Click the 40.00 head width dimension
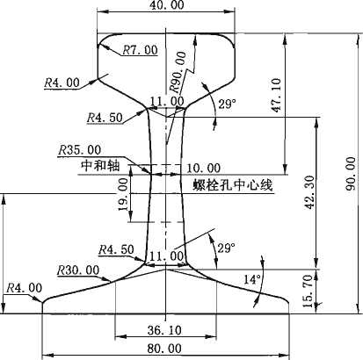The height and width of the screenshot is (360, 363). (167, 5)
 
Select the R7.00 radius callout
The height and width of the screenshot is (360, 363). (140, 50)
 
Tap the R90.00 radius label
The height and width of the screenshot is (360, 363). (178, 71)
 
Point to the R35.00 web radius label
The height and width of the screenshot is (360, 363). (79, 150)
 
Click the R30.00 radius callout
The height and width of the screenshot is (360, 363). (78, 270)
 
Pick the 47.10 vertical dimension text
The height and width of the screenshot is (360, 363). (276, 95)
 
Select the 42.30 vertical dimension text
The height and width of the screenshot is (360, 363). (309, 192)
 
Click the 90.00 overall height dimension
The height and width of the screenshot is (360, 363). (351, 174)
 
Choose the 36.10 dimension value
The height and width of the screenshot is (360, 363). (164, 330)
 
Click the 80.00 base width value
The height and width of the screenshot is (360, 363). (164, 349)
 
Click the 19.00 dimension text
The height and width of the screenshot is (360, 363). (123, 194)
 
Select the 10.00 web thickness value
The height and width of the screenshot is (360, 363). (204, 169)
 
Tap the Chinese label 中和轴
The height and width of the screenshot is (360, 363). (100, 166)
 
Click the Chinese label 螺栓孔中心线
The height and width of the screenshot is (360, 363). (233, 185)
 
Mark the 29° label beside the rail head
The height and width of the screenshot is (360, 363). (227, 104)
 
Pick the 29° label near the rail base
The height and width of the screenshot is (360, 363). (226, 248)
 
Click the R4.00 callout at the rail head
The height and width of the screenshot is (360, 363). (62, 83)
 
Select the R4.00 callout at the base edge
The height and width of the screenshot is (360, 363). (25, 288)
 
